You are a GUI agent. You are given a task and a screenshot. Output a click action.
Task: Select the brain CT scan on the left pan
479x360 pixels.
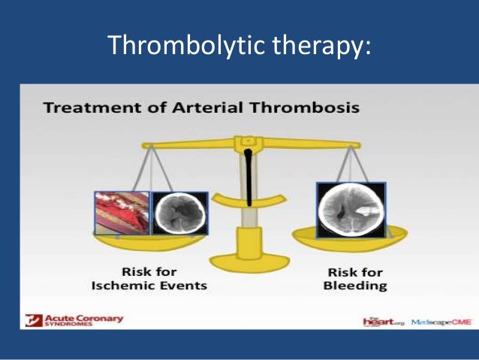[179, 213]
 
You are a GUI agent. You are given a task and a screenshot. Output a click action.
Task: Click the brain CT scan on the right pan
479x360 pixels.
[351, 210]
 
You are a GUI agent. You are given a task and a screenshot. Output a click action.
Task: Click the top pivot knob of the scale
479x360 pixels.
[246, 141]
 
